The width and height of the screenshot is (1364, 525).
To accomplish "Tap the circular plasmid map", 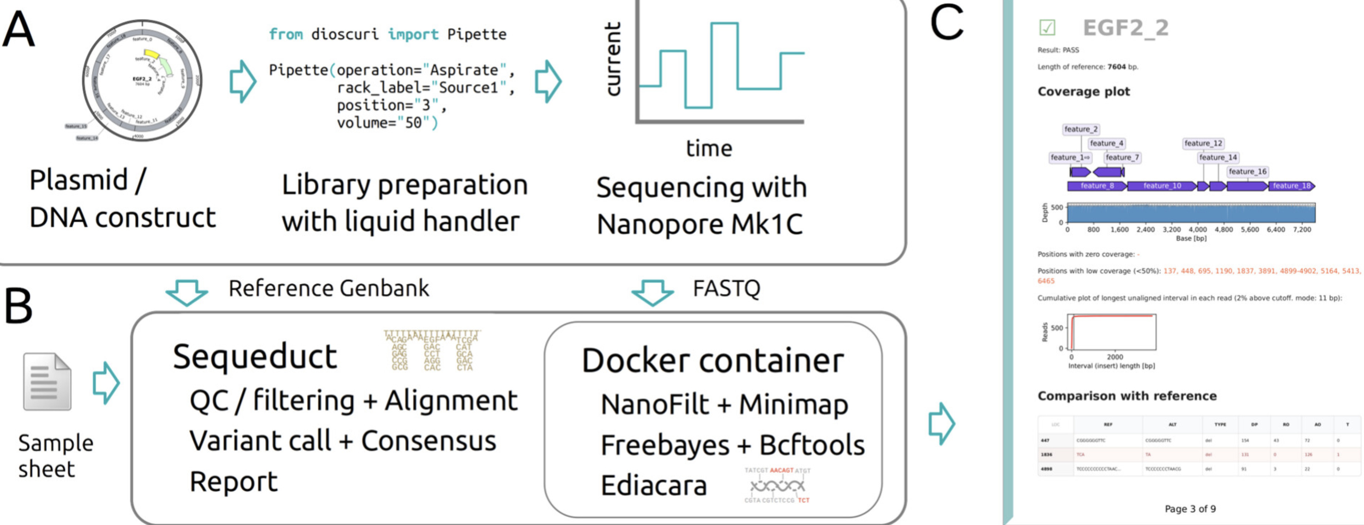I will (x=142, y=81).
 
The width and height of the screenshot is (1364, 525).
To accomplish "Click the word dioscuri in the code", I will (x=345, y=34).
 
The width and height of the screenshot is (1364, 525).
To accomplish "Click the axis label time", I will (x=709, y=148).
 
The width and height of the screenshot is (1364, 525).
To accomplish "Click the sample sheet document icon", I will (x=47, y=382).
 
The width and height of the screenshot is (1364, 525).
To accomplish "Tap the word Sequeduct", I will (x=255, y=356).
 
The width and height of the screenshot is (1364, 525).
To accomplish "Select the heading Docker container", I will (x=712, y=361).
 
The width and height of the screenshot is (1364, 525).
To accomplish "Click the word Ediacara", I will (x=654, y=485).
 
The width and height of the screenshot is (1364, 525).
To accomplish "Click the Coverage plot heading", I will (x=1083, y=92).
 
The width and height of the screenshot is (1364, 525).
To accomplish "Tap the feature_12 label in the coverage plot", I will (x=1203, y=143).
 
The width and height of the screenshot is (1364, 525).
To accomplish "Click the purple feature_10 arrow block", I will (x=1162, y=186).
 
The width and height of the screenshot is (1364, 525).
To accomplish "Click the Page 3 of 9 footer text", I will (x=1190, y=509).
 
